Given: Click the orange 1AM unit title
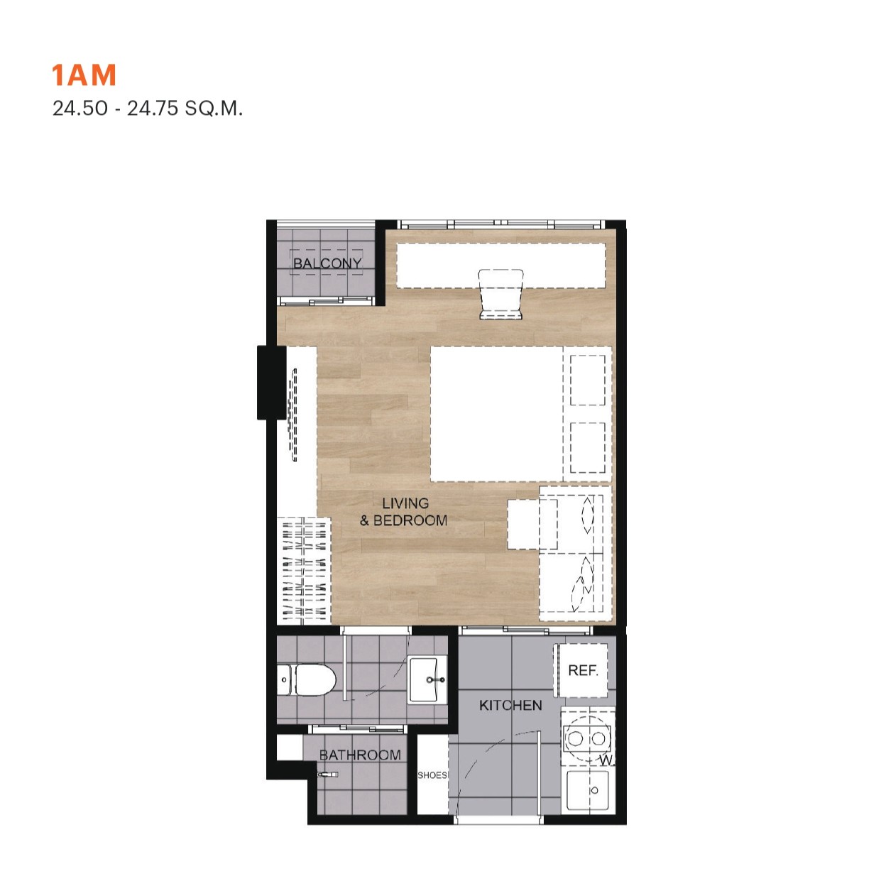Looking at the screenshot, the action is coord(84,75).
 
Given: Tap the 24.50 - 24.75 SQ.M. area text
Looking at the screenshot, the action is coord(147,109).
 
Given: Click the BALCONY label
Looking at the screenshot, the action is coord(327,263).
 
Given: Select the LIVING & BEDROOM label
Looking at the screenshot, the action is coord(404,512).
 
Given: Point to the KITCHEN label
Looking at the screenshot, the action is coord(510,705).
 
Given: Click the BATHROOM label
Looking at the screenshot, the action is coord(360,755).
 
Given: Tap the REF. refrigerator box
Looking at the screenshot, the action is coord(582,670).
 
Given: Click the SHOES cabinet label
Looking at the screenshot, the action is coord(432,775).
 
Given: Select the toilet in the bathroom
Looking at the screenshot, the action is coord(306,680).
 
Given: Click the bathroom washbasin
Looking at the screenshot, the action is coord(427,680).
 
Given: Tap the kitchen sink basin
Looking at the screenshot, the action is coord(588,790).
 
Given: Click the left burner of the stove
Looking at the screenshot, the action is coord(575,738).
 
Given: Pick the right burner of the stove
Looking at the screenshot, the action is coord(598,738).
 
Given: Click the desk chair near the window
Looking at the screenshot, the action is coord(500,294).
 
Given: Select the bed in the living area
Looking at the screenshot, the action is coord(521,414).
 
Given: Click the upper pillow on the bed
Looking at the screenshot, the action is coord(588,381).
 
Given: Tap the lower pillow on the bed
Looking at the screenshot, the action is coord(588,447).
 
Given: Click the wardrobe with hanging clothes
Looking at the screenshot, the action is coord(305,570).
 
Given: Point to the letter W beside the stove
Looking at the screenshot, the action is coord(606,760).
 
